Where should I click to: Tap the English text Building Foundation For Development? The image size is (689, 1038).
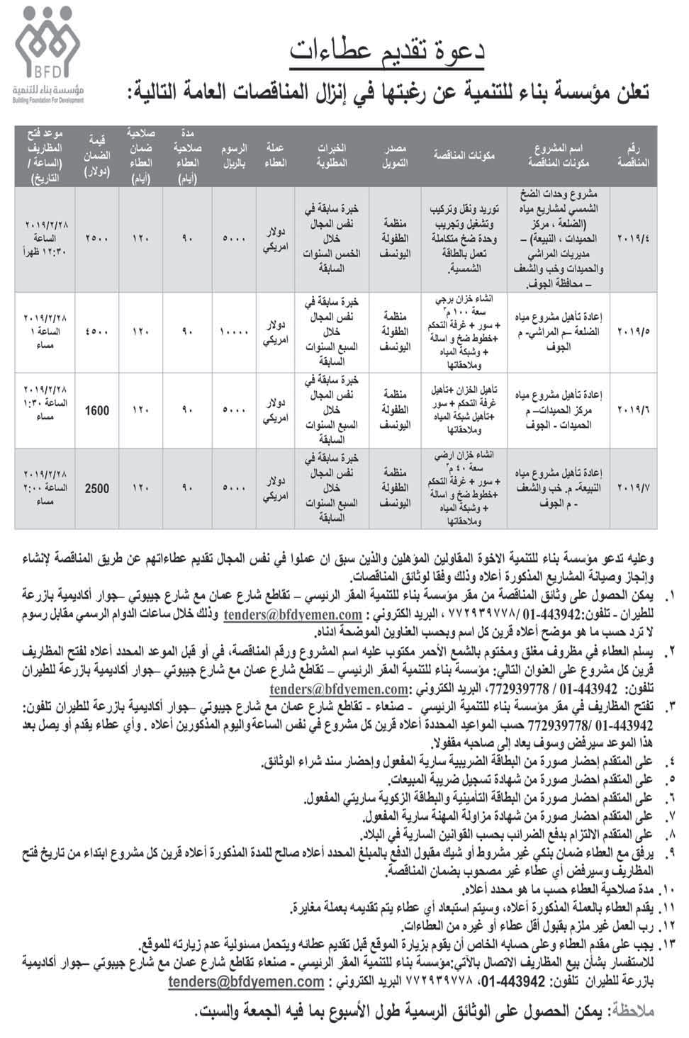[47, 101]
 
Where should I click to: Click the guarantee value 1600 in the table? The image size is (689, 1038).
[96, 410]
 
